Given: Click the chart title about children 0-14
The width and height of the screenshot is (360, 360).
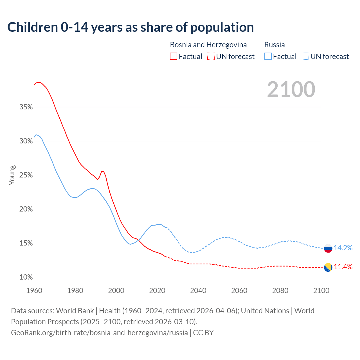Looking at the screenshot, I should point(130,27).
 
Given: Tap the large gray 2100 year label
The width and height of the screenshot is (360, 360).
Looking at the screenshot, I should point(291,89).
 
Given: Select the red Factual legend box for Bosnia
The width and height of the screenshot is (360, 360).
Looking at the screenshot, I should point(174,57).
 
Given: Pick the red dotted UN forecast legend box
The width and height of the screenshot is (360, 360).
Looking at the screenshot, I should point(211,57).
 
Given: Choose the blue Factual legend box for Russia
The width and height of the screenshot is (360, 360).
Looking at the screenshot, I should point(268,57).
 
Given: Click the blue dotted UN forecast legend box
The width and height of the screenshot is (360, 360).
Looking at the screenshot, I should point(305,57).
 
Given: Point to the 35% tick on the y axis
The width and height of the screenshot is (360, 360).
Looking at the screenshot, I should point(26,107).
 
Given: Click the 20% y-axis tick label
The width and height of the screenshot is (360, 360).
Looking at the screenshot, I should point(26,209).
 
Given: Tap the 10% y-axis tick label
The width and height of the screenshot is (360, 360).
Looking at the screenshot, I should point(26,277).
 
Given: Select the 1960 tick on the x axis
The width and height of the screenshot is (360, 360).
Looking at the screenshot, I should point(34,291).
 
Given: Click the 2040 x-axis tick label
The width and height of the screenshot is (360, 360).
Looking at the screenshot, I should point(198,291).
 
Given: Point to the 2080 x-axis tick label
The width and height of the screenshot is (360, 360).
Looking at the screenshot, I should point(280,291).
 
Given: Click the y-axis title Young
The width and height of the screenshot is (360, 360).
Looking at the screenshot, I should point(12,175).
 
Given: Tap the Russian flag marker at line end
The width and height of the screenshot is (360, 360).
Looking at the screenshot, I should point(328,248).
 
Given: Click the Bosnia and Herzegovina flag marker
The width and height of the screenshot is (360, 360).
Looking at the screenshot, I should point(328,267).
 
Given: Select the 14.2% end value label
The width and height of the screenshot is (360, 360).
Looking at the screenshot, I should point(343,248).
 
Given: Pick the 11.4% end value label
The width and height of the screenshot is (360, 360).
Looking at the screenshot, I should point(343,267).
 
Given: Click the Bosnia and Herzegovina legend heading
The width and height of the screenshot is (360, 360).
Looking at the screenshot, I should point(208,45).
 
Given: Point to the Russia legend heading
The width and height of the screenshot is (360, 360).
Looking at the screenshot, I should point(274,45).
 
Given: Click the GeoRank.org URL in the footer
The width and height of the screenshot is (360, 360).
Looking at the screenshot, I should point(99,333).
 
